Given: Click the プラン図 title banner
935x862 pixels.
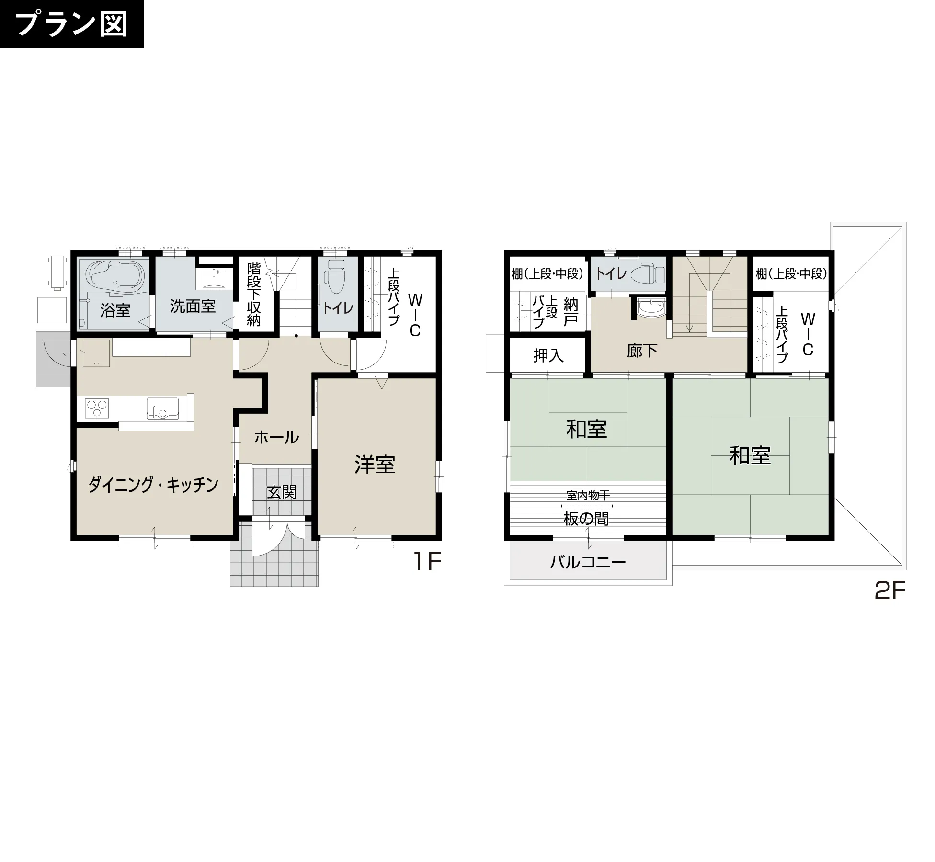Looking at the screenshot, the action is [x=72, y=24].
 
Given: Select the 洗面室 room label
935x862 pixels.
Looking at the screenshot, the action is [x=193, y=306].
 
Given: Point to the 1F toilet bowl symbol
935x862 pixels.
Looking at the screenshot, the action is [x=335, y=277].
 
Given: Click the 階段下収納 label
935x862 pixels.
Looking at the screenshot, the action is [x=254, y=294].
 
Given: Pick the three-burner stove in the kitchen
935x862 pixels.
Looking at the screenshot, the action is [x=97, y=408].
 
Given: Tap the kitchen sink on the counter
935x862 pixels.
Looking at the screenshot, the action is [x=162, y=408].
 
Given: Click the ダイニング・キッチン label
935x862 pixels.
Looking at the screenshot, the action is [x=153, y=485].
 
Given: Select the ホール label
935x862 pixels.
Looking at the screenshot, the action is [x=276, y=437].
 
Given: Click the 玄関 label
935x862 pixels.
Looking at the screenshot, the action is [x=282, y=492].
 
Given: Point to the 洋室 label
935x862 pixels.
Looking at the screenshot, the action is [x=375, y=465].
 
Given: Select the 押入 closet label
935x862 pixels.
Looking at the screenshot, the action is [x=548, y=355].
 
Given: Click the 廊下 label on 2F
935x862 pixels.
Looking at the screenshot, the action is [x=642, y=351].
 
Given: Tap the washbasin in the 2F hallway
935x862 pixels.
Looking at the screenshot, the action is [x=651, y=307].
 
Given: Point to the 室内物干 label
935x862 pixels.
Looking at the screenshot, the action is [x=588, y=495].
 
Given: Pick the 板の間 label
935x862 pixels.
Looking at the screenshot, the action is [x=586, y=519].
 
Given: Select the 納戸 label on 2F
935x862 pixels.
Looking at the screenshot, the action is [x=570, y=312].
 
